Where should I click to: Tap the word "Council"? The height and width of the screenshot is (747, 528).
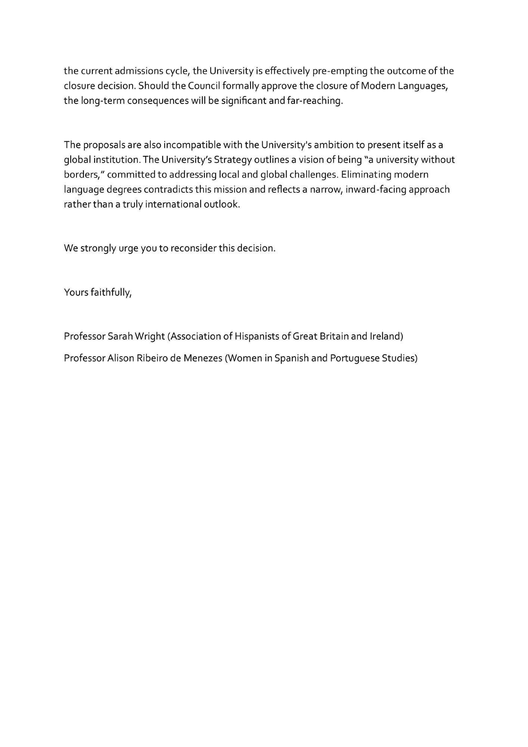click(x=204, y=86)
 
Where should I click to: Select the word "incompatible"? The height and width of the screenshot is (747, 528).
click(x=192, y=145)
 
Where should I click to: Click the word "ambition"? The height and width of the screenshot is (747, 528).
click(x=334, y=145)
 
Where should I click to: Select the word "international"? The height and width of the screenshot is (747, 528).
click(x=173, y=205)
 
